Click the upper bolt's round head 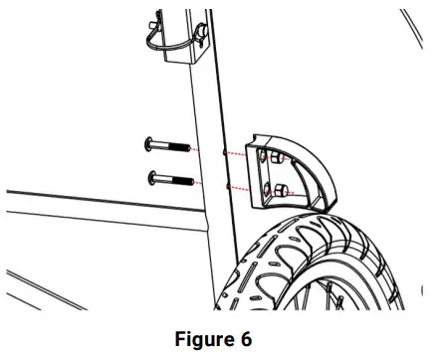point(149,143)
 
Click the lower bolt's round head point(150,178)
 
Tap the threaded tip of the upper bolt point(187,148)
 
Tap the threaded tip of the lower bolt point(189,183)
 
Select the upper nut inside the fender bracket point(278,159)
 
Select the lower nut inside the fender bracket point(282,189)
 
